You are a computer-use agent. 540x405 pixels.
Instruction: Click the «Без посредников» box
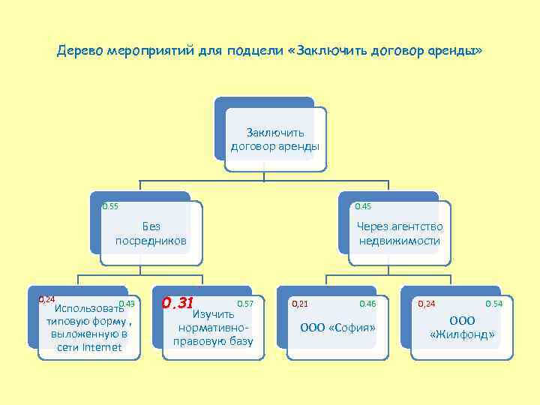[x=151, y=233]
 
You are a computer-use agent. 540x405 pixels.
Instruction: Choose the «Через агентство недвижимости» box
[x=399, y=233]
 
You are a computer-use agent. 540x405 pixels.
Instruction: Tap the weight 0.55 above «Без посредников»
[x=110, y=206]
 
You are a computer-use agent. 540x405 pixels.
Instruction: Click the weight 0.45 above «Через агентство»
[x=363, y=206]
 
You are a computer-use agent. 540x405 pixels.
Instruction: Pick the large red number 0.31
[x=178, y=303]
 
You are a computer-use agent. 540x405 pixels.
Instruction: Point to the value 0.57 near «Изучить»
[x=245, y=303]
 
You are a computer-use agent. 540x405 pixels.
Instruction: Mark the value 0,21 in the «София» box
[x=299, y=304]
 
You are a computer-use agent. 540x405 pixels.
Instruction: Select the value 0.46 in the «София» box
[x=367, y=304]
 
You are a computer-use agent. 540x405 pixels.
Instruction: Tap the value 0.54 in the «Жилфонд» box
[x=494, y=304]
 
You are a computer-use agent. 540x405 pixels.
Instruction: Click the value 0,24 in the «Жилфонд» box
[x=426, y=304]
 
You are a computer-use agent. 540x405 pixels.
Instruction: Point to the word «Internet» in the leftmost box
[x=101, y=347]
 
